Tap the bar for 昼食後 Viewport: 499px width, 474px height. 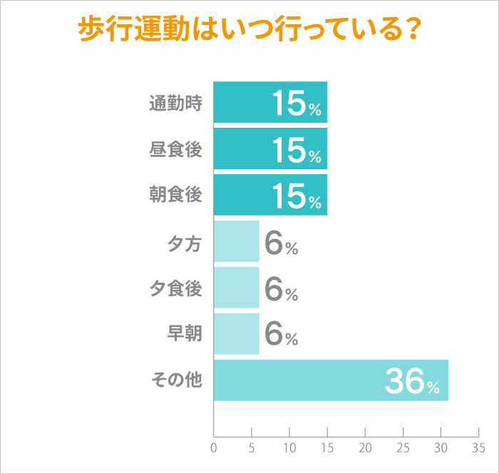tap(242, 148)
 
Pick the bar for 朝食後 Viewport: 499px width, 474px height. tap(242, 195)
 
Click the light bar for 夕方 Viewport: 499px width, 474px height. tap(236, 241)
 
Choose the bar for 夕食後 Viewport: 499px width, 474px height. tap(236, 287)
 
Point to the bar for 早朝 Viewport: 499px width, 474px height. tap(236, 333)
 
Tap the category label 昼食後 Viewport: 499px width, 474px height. tap(175, 150)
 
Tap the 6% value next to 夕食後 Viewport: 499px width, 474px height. tap(280, 289)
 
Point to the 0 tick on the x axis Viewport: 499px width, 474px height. tap(214, 448)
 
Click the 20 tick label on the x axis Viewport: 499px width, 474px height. tap(365, 448)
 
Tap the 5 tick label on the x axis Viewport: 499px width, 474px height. tap(252, 448)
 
